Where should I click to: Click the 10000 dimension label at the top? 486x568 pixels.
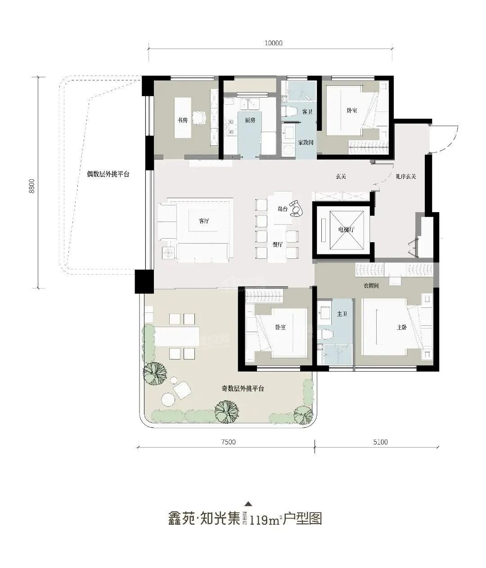[x=273, y=43]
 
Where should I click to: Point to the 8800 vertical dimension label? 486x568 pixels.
[x=31, y=185]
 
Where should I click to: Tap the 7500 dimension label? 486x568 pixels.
[x=228, y=442]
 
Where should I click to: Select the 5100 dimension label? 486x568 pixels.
[x=380, y=442]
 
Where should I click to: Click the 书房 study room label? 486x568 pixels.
[x=182, y=120]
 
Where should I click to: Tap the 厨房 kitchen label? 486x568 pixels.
[x=250, y=120]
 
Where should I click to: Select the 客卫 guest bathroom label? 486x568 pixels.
[x=307, y=111]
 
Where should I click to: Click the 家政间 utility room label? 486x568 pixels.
[x=306, y=142]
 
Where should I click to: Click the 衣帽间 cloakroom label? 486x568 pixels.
[x=371, y=285]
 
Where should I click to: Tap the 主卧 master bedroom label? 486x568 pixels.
[x=402, y=328]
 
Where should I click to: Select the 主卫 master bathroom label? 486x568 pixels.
[x=342, y=314]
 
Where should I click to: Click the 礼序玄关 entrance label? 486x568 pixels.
[x=406, y=177]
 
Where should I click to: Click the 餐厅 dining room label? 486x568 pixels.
[x=277, y=244]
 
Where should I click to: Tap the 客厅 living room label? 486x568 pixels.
[x=204, y=221]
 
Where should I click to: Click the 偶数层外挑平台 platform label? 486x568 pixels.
[x=108, y=174]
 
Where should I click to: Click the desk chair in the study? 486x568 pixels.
[x=199, y=118]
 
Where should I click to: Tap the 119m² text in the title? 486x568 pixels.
[x=265, y=520]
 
